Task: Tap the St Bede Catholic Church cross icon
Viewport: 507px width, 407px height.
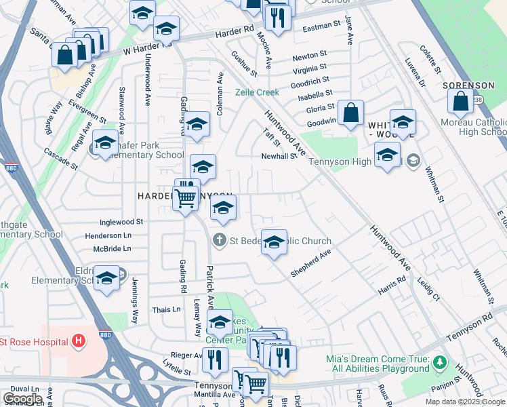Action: click(219, 239)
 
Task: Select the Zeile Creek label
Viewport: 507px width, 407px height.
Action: click(257, 92)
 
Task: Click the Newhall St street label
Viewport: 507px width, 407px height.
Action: click(279, 156)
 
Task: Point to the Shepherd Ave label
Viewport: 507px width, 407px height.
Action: click(310, 263)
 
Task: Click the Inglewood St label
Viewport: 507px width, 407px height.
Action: click(121, 221)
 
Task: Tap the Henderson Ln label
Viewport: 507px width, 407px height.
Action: click(108, 235)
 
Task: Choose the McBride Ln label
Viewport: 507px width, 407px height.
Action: click(111, 249)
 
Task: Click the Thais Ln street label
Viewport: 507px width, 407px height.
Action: click(167, 309)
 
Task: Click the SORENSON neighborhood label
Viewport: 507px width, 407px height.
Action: click(469, 85)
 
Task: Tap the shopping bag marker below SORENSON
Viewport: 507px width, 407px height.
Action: click(460, 102)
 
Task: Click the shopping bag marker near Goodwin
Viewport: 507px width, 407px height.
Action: click(351, 114)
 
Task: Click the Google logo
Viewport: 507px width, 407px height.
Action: click(22, 399)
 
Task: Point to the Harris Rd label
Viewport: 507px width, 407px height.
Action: click(392, 285)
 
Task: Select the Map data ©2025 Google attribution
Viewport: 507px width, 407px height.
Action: click(464, 402)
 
